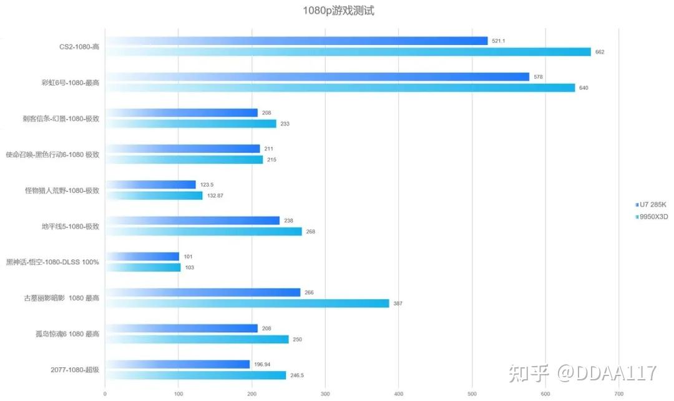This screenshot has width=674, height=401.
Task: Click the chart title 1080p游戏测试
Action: pyautogui.click(x=338, y=11)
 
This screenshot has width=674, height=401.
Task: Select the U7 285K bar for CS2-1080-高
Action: pyautogui.click(x=296, y=41)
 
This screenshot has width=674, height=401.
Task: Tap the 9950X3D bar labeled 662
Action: pyautogui.click(x=348, y=52)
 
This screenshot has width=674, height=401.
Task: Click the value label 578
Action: pyautogui.click(x=538, y=77)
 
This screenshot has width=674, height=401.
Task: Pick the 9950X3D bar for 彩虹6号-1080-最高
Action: pyautogui.click(x=340, y=88)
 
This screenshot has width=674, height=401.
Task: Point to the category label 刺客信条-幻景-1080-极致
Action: pyautogui.click(x=61, y=119)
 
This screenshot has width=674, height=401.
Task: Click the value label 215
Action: pyautogui.click(x=271, y=160)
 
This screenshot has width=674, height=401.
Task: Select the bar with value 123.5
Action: pyautogui.click(x=150, y=185)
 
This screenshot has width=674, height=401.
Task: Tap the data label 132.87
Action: pyautogui.click(x=215, y=196)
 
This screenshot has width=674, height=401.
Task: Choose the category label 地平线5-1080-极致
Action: pyautogui.click(x=71, y=226)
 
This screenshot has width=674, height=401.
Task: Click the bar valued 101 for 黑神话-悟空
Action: pyautogui.click(x=142, y=257)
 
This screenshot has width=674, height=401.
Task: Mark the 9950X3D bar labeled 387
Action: pyautogui.click(x=247, y=304)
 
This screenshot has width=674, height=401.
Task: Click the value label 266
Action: pyautogui.click(x=309, y=292)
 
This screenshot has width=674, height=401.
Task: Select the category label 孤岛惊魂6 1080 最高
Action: pyautogui.click(x=67, y=334)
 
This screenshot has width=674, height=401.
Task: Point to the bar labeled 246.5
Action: pyautogui.click(x=195, y=375)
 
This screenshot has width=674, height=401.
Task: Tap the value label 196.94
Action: pyautogui.click(x=262, y=364)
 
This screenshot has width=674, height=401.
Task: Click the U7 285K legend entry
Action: pyautogui.click(x=651, y=205)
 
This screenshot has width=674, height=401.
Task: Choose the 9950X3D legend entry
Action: pyautogui.click(x=652, y=217)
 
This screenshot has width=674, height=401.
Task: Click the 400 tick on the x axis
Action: pyautogui.click(x=398, y=394)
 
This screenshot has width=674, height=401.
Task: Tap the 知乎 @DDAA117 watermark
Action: pyautogui.click(x=582, y=373)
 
